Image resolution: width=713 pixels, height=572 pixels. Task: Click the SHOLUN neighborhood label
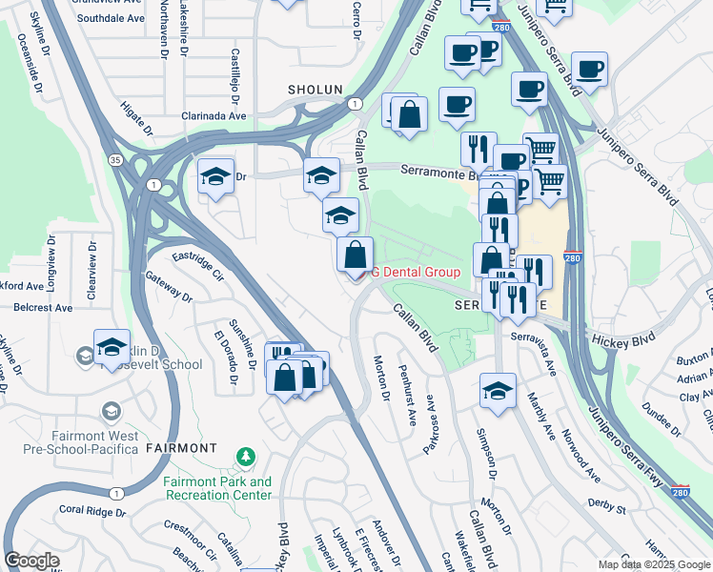pos(315,89)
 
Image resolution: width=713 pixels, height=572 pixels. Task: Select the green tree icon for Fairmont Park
pos(246,458)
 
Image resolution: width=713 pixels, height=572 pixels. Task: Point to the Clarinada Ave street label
pos(214,116)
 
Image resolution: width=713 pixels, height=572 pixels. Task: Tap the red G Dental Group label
pos(416,272)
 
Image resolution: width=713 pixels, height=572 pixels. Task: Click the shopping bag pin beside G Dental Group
pos(355,256)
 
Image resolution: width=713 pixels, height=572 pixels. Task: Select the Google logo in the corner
pos(31,560)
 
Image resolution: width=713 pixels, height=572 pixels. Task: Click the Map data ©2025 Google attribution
pos(654,564)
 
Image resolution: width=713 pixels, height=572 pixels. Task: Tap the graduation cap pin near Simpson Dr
pos(498,391)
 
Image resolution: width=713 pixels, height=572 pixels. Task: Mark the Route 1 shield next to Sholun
pos(354,103)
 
